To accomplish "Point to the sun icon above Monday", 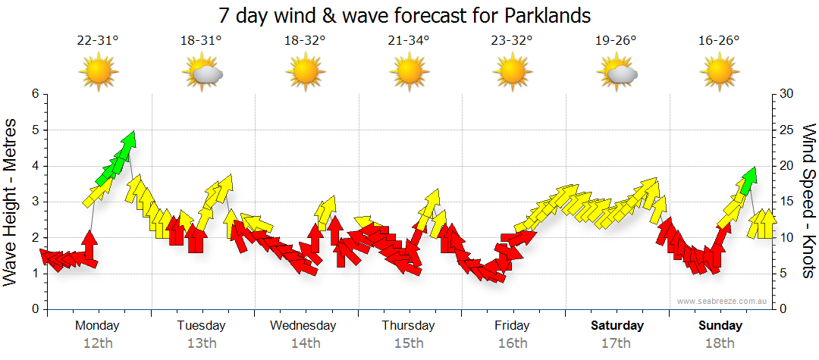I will [99, 73].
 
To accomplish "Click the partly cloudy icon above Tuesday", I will [202, 74].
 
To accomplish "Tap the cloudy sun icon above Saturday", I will [617, 74].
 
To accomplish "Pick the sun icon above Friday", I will [513, 73].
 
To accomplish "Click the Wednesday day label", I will [303, 326].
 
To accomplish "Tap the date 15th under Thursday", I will [409, 343].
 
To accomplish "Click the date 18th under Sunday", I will [720, 343].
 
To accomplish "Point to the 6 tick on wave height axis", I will [35, 94].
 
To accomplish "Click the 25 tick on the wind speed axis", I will [786, 130].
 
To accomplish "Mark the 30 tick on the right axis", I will [786, 94].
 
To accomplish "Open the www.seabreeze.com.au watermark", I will [722, 302].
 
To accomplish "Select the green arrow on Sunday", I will [749, 177].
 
